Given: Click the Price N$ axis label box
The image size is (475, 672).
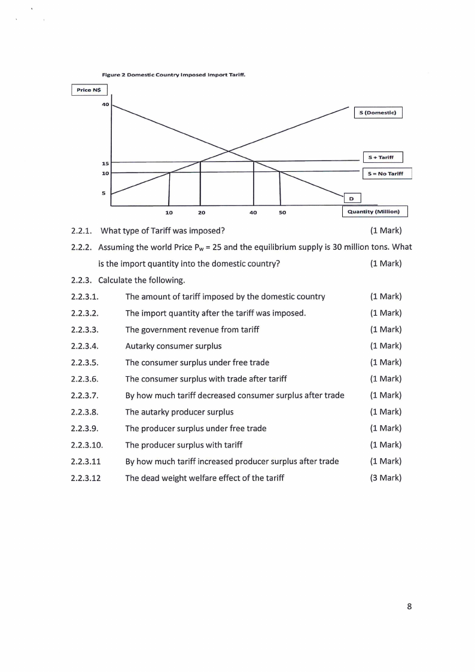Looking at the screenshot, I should pos(89,90).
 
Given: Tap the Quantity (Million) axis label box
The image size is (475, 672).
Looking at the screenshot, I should pos(374,211).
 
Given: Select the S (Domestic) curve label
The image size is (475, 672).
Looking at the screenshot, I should pos(379,113).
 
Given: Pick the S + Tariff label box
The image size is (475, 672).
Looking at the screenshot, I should pos(381,158).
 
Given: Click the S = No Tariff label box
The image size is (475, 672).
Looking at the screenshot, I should pos(387,174).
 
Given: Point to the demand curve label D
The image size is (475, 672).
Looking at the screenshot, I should pos(352,198).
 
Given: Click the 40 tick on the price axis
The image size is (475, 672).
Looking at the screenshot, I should pos(105,105).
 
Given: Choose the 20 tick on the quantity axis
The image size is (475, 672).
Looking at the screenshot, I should pos(202,213).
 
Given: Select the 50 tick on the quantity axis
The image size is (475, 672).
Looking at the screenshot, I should pos(282,213).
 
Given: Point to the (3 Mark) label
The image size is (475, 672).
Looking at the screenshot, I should pos(386,478).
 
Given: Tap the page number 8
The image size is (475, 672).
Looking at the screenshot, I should pos(409,606).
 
